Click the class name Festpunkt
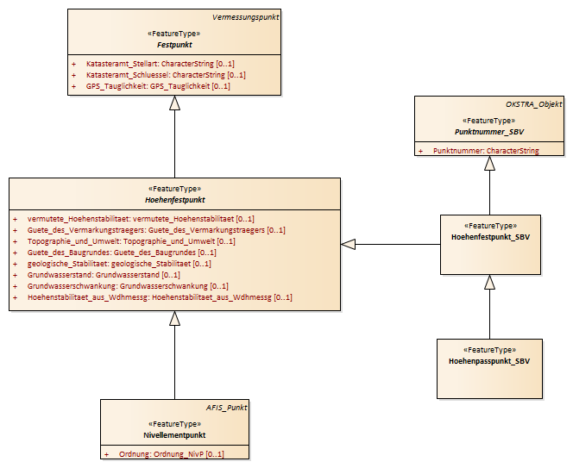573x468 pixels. (174, 45)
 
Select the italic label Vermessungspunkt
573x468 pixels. (246, 17)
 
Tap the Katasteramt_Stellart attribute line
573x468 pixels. (161, 64)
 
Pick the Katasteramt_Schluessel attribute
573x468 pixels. (166, 75)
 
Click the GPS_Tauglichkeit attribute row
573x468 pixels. (158, 86)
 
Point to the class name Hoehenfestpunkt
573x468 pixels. (175, 200)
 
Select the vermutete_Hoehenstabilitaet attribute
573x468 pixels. (141, 219)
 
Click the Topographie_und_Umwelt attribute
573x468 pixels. (131, 241)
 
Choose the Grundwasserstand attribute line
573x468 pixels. (104, 275)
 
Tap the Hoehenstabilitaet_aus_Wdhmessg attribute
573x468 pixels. (160, 297)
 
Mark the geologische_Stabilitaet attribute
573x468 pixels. (119, 264)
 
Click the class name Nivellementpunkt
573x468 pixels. (174, 435)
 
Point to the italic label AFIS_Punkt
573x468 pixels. (227, 408)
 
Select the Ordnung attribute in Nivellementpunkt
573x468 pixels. (172, 454)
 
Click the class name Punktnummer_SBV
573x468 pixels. (489, 132)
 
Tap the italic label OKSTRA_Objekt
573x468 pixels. (534, 104)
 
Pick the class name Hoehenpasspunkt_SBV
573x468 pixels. (489, 361)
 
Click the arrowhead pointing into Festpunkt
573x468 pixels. (174, 103)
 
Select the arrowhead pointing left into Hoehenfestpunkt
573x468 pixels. (348, 244)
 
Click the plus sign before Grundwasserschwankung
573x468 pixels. (15, 286)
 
